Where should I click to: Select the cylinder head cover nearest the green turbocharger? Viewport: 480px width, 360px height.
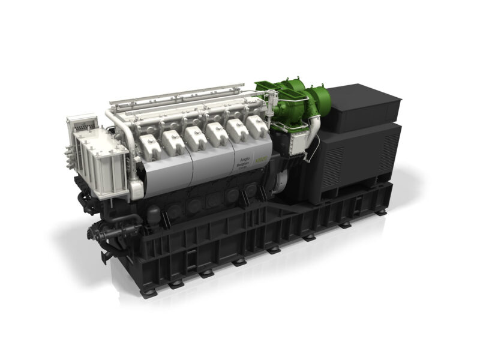point(256,126)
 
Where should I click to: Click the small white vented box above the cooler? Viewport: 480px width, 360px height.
point(81,123)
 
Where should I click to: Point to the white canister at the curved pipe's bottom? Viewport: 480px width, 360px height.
point(136,189)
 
